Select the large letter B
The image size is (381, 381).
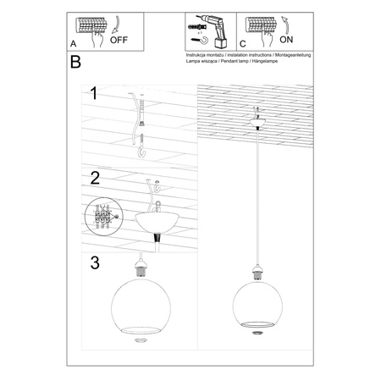click(75, 63)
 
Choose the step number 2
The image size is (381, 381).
click(96, 179)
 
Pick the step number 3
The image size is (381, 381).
click(96, 262)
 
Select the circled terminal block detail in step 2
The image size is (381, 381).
click(104, 216)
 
